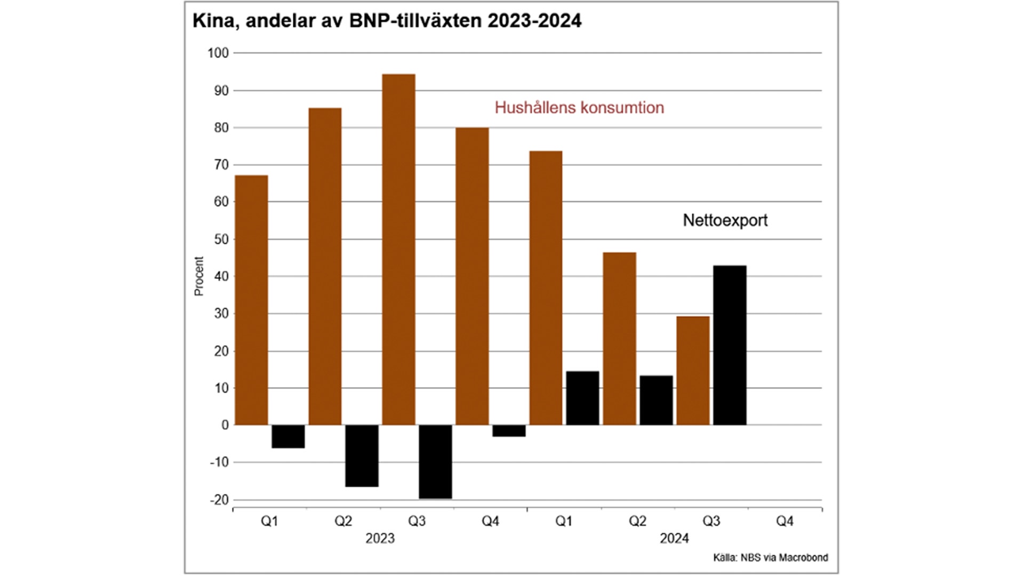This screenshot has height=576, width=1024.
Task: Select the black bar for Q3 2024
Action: click(730, 345)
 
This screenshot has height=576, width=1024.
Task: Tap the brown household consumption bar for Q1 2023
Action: click(251, 300)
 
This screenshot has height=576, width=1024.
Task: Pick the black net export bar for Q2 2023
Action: click(362, 455)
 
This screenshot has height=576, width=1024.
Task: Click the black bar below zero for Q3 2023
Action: click(435, 461)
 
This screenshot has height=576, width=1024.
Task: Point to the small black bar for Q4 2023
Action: click(509, 431)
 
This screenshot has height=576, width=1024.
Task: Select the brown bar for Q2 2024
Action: click(619, 339)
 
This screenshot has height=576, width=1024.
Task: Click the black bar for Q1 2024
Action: click(582, 398)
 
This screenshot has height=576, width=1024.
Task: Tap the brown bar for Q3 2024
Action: click(693, 371)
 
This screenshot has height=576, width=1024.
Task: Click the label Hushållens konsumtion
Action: click(579, 108)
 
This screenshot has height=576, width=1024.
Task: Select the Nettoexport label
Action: click(725, 220)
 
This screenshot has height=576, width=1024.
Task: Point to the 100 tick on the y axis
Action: click(218, 53)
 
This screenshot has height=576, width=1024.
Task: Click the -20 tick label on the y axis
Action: click(219, 500)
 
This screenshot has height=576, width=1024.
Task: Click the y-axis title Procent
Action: click(199, 276)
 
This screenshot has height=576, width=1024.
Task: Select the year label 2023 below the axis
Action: click(380, 538)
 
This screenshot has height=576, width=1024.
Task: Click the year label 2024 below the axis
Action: click(674, 538)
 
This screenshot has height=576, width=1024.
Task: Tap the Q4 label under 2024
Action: click(785, 521)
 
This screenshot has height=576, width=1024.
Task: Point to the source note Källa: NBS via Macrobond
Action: click(770, 557)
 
